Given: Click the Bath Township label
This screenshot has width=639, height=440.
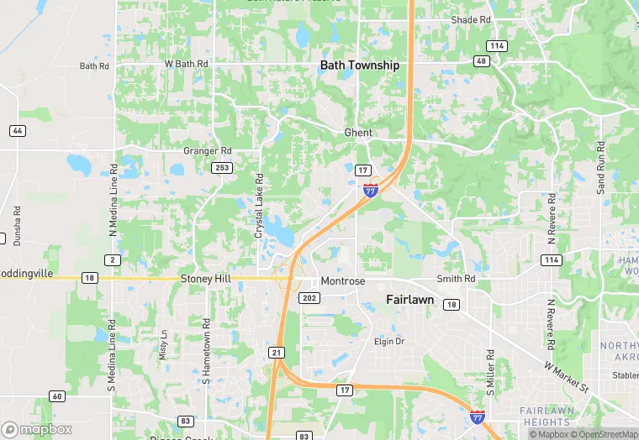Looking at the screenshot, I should tap(360, 65).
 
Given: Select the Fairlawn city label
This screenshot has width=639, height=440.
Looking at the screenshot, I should tap(409, 299).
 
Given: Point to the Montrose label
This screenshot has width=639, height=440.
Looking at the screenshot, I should tap(342, 281).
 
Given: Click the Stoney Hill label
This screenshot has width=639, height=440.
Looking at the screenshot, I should tap(204, 278).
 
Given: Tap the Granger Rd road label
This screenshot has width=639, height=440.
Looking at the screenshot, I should tap(208, 151).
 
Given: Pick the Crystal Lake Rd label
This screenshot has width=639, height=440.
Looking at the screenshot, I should tap(259, 206).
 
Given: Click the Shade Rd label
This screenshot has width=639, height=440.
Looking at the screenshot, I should tap(471, 19).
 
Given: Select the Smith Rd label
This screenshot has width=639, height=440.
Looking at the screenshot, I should tap(457, 279).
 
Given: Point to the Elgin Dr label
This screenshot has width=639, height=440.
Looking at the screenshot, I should tap(389, 342).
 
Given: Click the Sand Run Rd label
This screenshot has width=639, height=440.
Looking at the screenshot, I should tap(601, 168).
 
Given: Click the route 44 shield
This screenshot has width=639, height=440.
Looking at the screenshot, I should tap(18, 131).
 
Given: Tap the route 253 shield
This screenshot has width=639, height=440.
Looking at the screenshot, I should tap(222, 168).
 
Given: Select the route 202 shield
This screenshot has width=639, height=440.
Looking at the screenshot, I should tap(309, 297).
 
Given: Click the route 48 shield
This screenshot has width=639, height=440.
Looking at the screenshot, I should tap(481, 60).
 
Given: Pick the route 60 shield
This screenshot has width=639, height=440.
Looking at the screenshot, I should tap(56, 396).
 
